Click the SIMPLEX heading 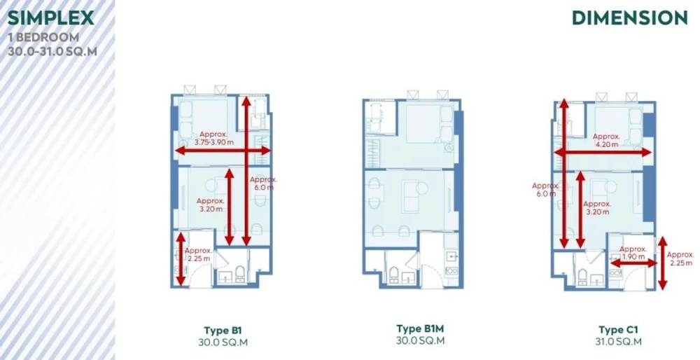[x=50, y=18]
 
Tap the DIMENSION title [x=630, y=18]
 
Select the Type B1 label [x=223, y=331]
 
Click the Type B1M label [x=421, y=328]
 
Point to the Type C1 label [x=618, y=330]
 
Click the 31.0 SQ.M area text [x=618, y=342]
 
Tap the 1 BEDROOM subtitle [x=43, y=37]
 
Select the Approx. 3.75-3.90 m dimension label [x=213, y=138]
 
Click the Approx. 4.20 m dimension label [x=606, y=140]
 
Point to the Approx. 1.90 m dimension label [x=633, y=253]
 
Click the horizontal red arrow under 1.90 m [x=633, y=263]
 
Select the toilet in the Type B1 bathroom [x=239, y=273]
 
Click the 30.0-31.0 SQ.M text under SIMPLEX [x=52, y=51]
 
